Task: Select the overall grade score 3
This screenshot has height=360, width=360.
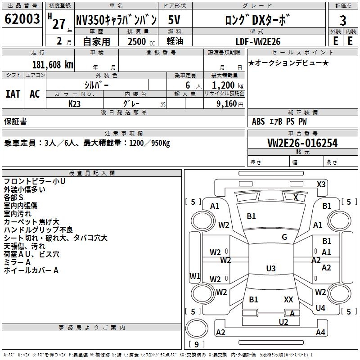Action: (343, 21)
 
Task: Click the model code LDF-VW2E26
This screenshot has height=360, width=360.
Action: (258, 41)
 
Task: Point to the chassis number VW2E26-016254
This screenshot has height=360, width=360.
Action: (302, 143)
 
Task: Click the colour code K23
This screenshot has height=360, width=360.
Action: (75, 103)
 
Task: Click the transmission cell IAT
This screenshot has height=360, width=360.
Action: (13, 94)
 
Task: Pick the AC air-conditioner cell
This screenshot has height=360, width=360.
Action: (35, 94)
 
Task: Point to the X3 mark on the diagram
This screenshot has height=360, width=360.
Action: (321, 184)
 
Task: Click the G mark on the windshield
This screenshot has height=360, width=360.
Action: (284, 237)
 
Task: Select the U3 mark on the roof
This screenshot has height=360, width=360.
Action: (270, 269)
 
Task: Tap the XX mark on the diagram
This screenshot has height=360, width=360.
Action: (288, 299)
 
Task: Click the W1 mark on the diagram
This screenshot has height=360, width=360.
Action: (195, 276)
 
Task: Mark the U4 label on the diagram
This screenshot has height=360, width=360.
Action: (320, 308)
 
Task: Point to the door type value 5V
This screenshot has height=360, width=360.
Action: (175, 20)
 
